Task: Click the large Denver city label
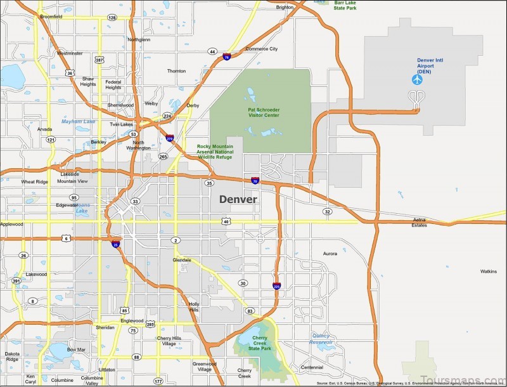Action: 238,199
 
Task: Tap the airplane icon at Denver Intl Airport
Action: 417,79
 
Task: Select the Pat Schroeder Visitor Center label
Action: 264,112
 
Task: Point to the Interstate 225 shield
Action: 277,286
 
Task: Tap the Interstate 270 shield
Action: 170,137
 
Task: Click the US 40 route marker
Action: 226,221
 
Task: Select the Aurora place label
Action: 330,253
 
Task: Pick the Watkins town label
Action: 488,271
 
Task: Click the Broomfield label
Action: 51,16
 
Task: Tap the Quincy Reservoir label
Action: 322,339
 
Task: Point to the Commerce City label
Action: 262,49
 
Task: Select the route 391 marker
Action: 16,280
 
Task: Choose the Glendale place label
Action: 181,260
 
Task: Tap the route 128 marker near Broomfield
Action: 112,18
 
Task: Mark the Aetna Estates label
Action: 420,222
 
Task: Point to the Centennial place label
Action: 311,367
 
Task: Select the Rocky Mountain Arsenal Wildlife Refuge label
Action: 215,152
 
